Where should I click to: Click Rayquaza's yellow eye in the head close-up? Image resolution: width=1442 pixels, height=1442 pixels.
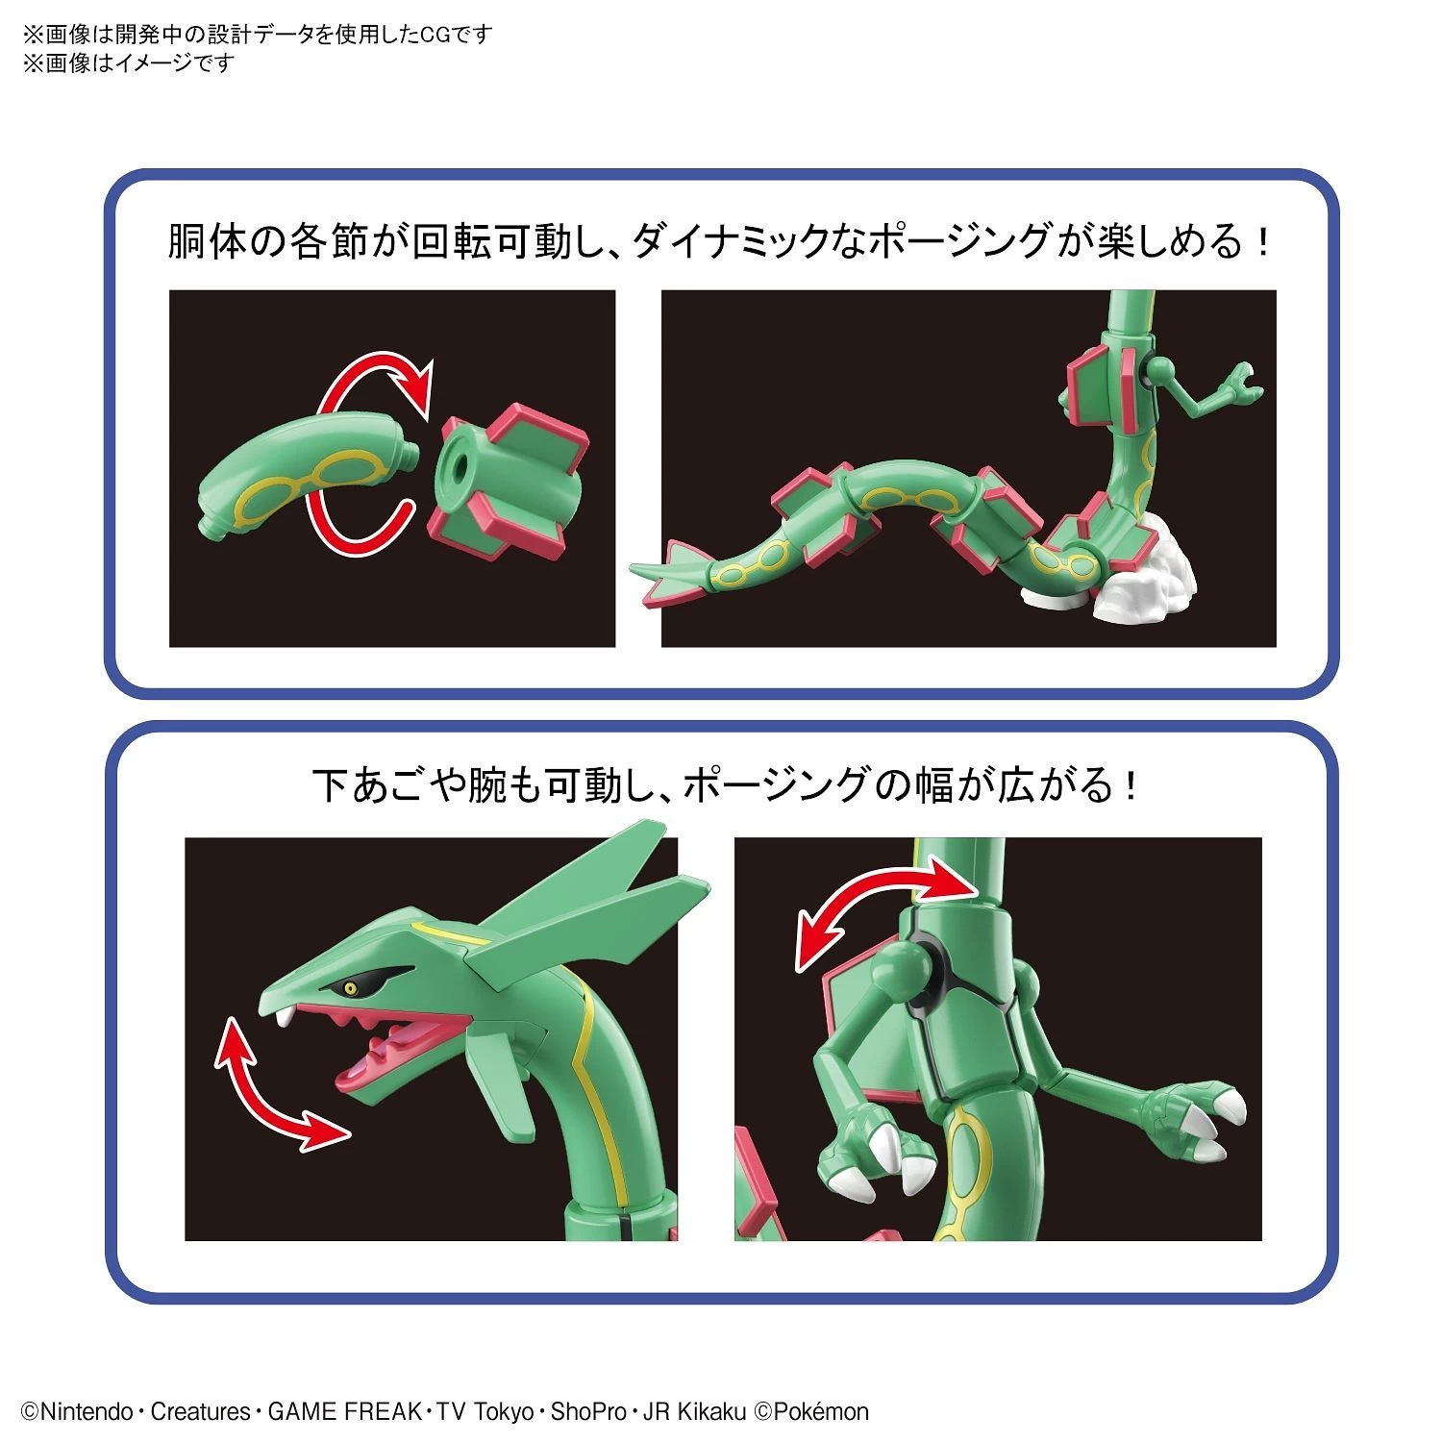point(351,987)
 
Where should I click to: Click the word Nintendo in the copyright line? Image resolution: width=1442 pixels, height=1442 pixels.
point(86,1412)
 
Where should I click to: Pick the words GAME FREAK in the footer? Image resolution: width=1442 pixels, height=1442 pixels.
point(344,1412)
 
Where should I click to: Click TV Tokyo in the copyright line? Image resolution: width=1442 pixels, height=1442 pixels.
point(485,1412)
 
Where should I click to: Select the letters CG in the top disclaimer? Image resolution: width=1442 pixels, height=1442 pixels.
point(435,35)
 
